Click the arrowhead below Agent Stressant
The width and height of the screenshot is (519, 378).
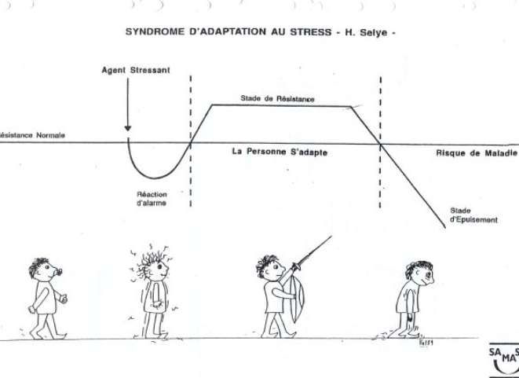pos(127,126)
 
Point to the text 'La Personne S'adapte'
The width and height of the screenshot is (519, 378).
pos(280,152)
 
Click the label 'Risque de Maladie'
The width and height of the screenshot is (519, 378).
pos(477,153)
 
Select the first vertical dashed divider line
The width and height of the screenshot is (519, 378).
pos(191,141)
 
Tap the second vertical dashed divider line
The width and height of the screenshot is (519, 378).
pos(381,141)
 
